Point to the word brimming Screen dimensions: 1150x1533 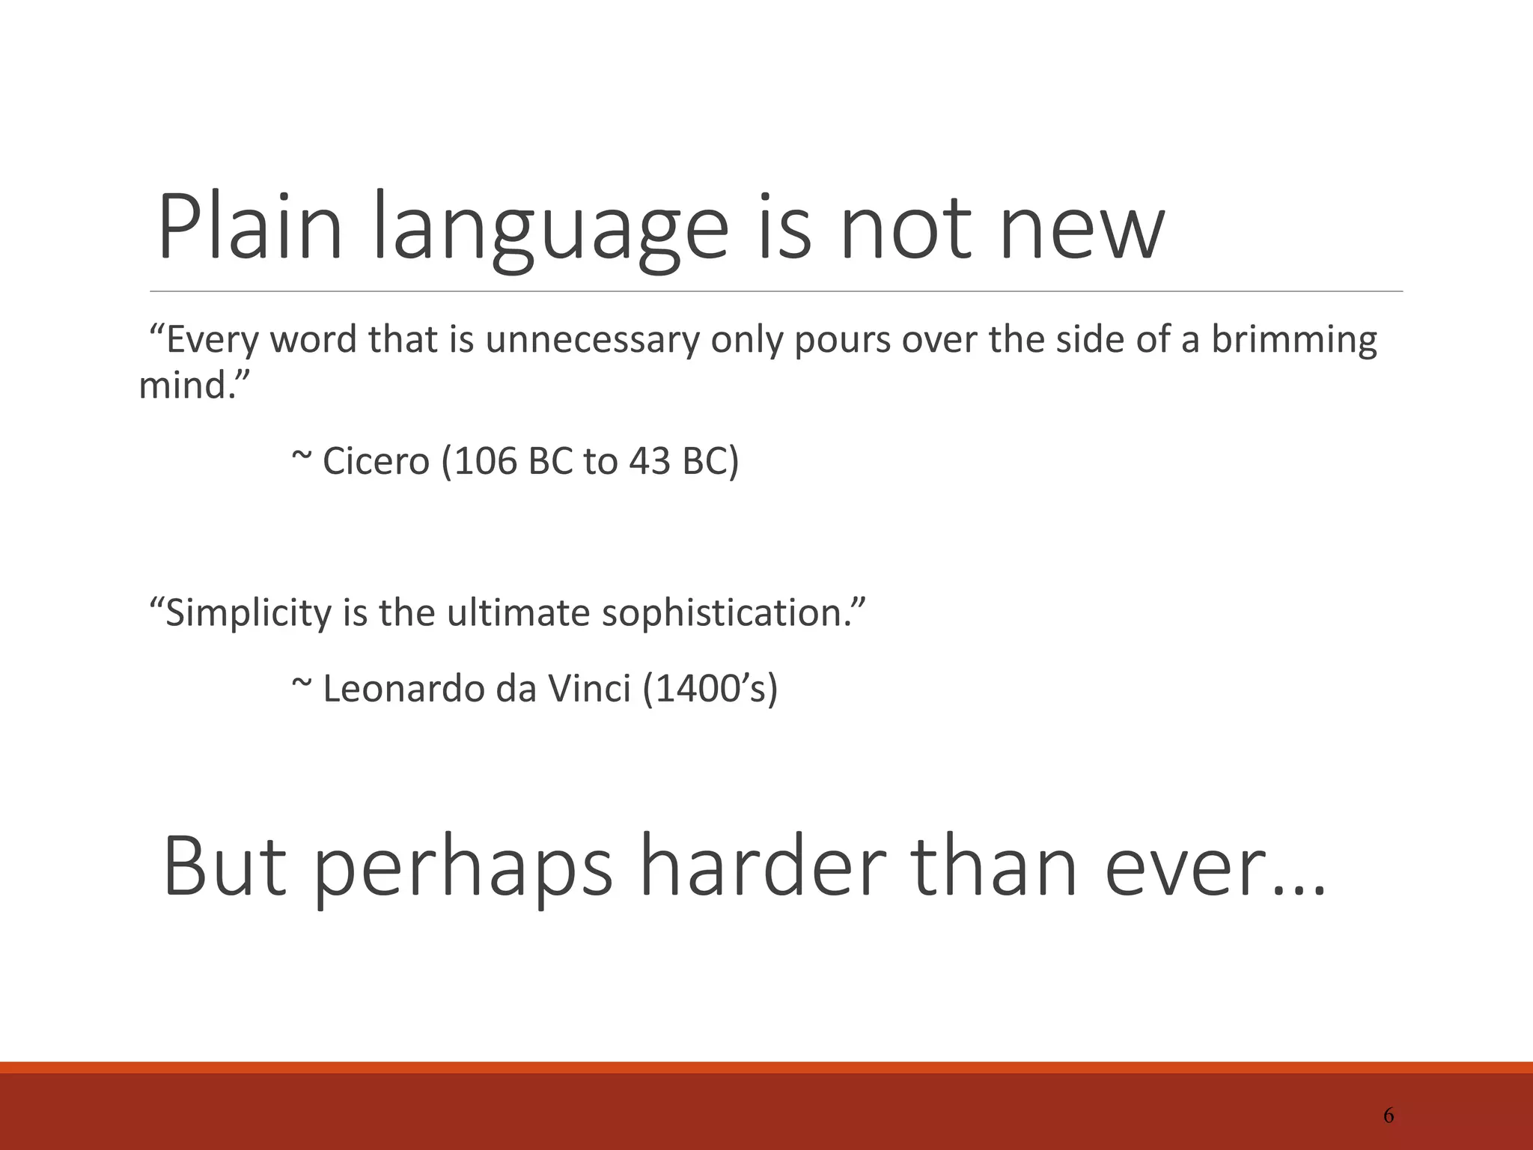(x=1293, y=340)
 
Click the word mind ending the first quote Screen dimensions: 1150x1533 (x=187, y=386)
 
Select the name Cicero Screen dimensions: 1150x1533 (x=376, y=461)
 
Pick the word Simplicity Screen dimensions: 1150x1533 (x=247, y=613)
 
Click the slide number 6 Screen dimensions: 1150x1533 (x=1389, y=1116)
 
